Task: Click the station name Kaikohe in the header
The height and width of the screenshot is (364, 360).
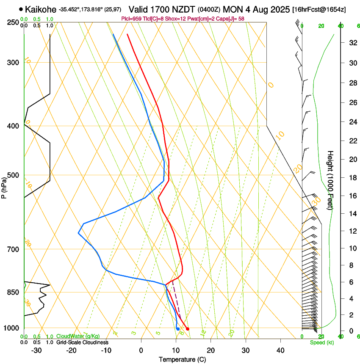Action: tap(41, 9)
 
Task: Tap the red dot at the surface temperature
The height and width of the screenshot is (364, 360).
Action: tap(188, 329)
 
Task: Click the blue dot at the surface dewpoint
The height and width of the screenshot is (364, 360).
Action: tap(178, 329)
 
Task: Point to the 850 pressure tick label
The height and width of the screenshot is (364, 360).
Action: tap(13, 292)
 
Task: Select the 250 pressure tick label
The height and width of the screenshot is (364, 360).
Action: tap(13, 22)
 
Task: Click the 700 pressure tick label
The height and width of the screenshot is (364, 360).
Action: tap(13, 249)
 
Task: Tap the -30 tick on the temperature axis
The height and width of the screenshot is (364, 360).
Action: tap(36, 350)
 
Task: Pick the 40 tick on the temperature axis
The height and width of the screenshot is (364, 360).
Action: tap(280, 350)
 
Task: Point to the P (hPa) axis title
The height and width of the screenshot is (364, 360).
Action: tap(4, 187)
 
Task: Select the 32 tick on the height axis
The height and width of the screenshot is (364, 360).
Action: tap(352, 43)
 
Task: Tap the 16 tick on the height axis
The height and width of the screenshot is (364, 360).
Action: tap(352, 196)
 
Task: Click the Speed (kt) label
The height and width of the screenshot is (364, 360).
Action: tap(321, 342)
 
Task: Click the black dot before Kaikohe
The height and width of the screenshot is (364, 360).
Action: tap(21, 9)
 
